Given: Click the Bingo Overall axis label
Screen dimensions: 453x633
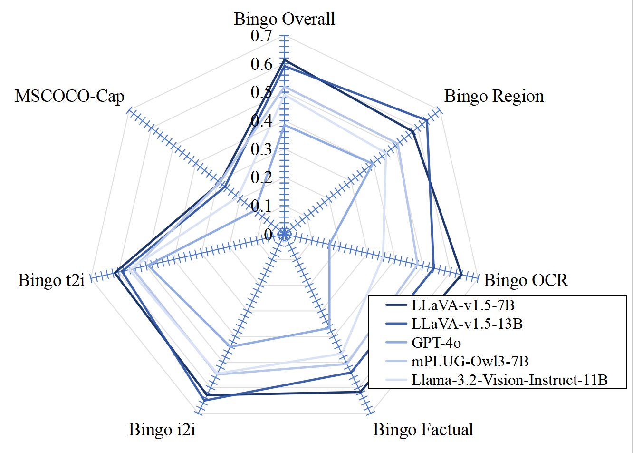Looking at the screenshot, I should point(284,19).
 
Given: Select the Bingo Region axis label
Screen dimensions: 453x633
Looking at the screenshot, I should point(494,96).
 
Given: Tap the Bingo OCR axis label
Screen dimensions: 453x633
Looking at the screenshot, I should point(526,280).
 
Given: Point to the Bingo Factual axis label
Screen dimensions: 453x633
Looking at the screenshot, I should point(423,429).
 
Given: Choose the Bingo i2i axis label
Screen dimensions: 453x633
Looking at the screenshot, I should point(162,429).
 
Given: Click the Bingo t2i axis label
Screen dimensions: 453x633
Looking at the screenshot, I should point(51,280).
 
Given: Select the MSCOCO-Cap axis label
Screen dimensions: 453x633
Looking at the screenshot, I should point(69,96).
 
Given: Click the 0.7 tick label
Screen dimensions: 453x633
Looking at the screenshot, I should point(261,36).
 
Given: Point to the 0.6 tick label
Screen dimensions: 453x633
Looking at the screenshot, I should point(261,64).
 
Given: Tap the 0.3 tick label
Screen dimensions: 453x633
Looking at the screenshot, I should point(261,149).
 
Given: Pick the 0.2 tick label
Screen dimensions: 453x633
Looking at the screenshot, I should point(261,177).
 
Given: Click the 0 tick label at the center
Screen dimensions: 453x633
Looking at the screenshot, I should point(268,234).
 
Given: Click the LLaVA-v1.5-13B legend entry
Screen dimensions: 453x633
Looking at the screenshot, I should point(467,324).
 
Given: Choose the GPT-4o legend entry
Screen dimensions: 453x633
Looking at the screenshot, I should point(436,343).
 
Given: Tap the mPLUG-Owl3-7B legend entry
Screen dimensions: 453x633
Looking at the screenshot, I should point(470,361).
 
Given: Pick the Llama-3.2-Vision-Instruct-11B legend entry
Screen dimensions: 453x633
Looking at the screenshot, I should point(509,380).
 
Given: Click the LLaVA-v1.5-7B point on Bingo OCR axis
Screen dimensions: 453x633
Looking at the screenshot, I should point(461,275).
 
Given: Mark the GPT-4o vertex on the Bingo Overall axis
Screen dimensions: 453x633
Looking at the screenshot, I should point(284,126).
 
